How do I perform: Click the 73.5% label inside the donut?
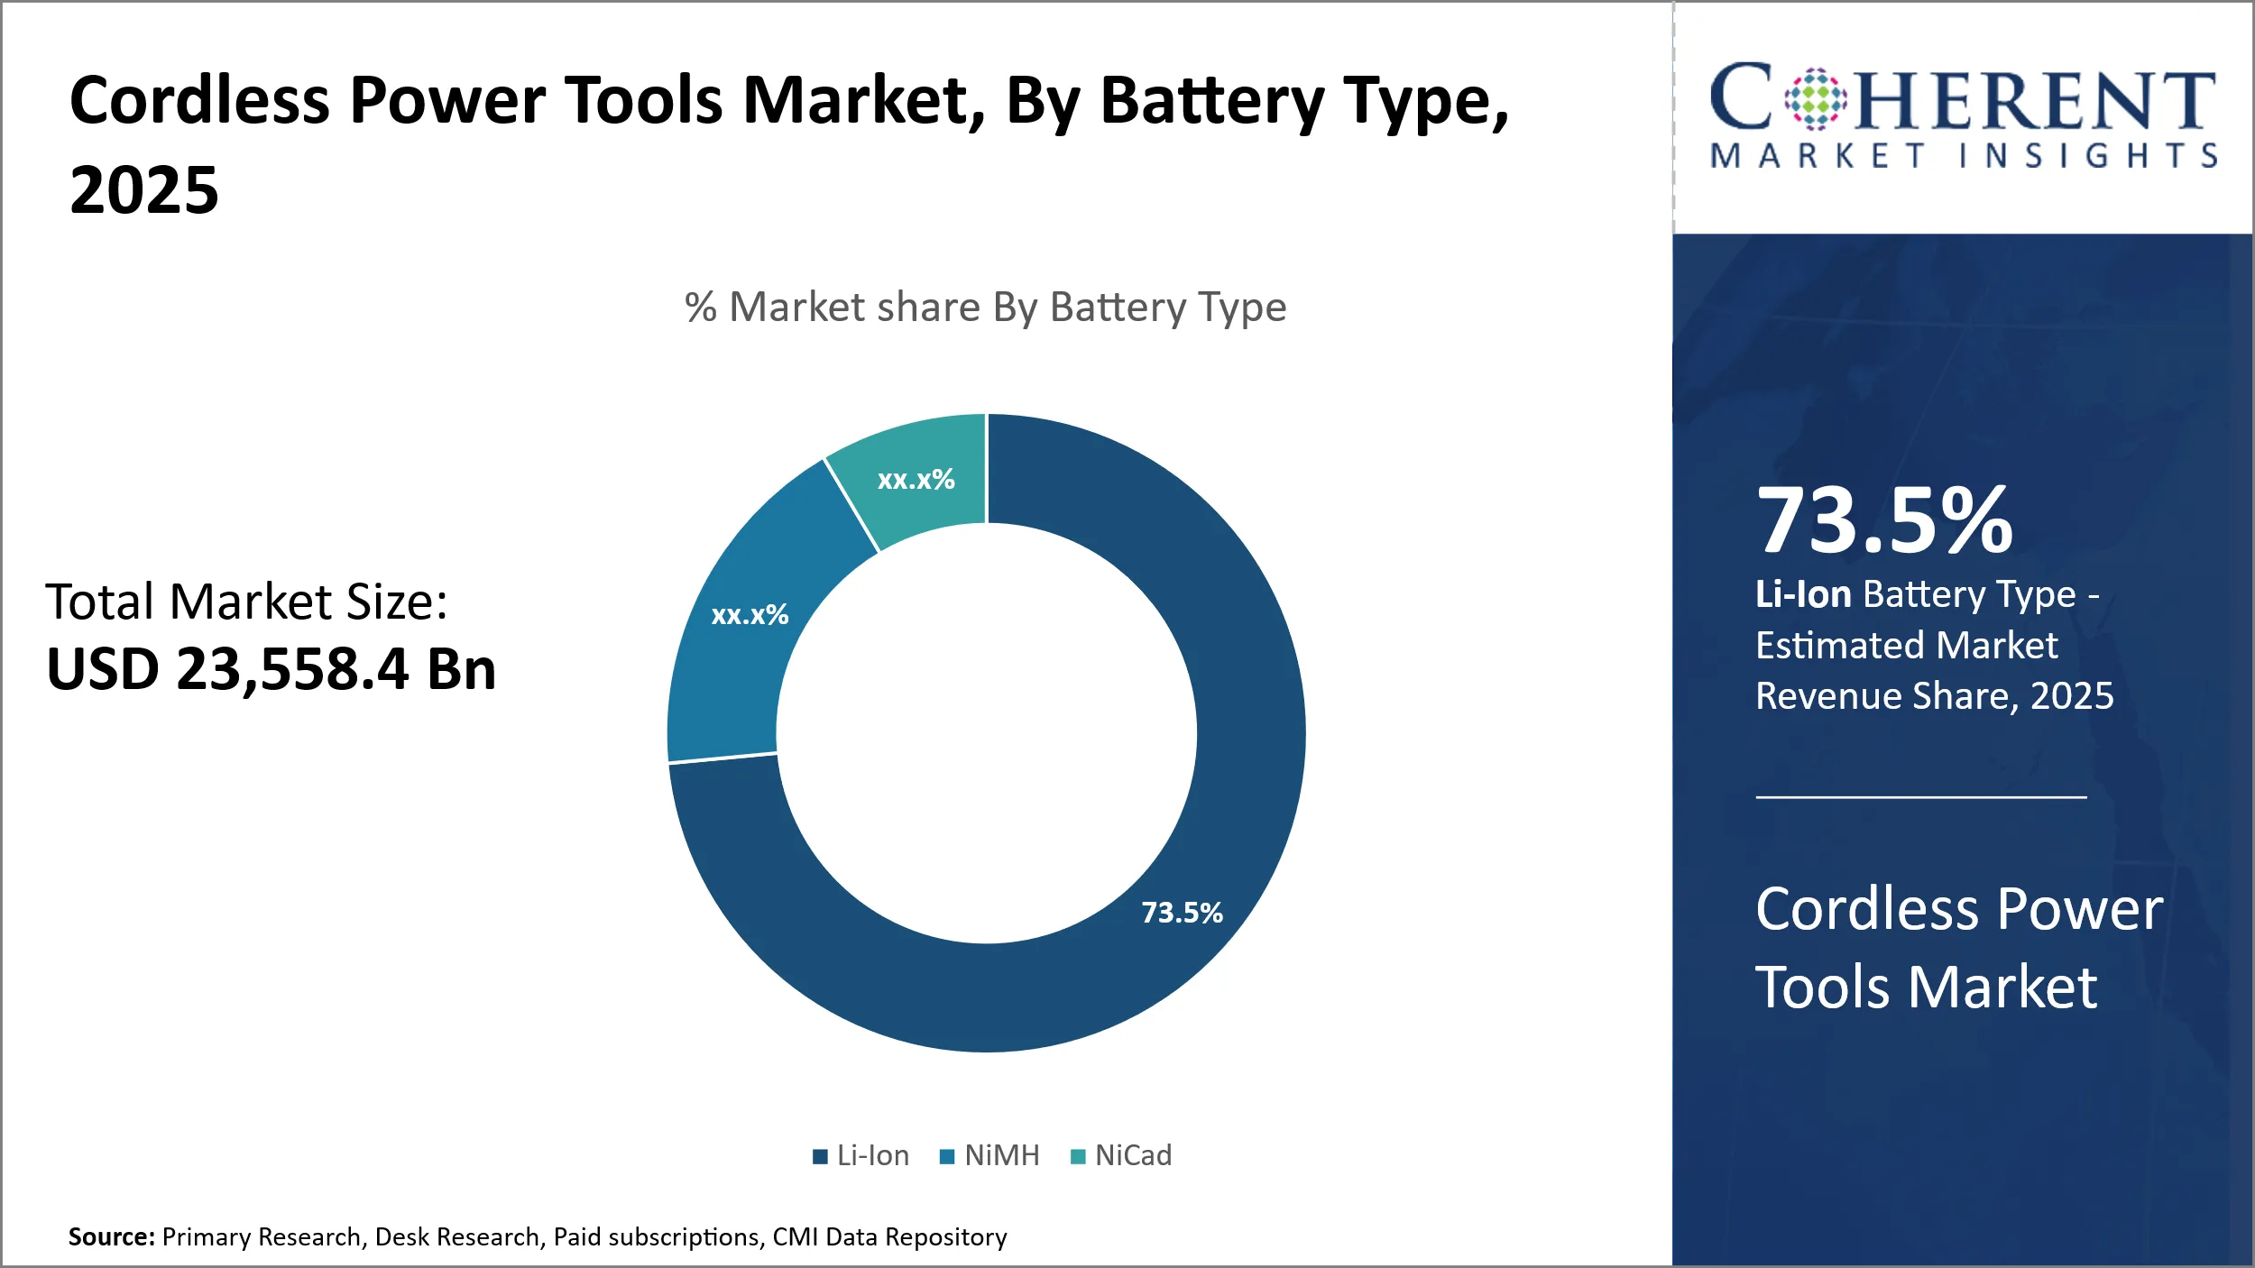(1182, 913)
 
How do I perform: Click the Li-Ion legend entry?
(861, 1155)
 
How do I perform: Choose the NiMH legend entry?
(990, 1155)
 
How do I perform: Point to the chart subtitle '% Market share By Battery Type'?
(985, 308)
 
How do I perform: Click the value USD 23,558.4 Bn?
(271, 669)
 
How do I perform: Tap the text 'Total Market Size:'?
(246, 602)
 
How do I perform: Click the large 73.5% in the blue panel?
(1884, 520)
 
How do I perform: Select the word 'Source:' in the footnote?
(112, 1236)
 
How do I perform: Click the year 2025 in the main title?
(144, 190)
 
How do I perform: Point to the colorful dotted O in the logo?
(1816, 99)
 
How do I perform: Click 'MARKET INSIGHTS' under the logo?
(1963, 156)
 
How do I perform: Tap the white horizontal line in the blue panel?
(1921, 797)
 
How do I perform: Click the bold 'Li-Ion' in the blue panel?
(1803, 595)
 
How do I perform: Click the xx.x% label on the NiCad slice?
(916, 480)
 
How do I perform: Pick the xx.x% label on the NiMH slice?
(750, 615)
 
